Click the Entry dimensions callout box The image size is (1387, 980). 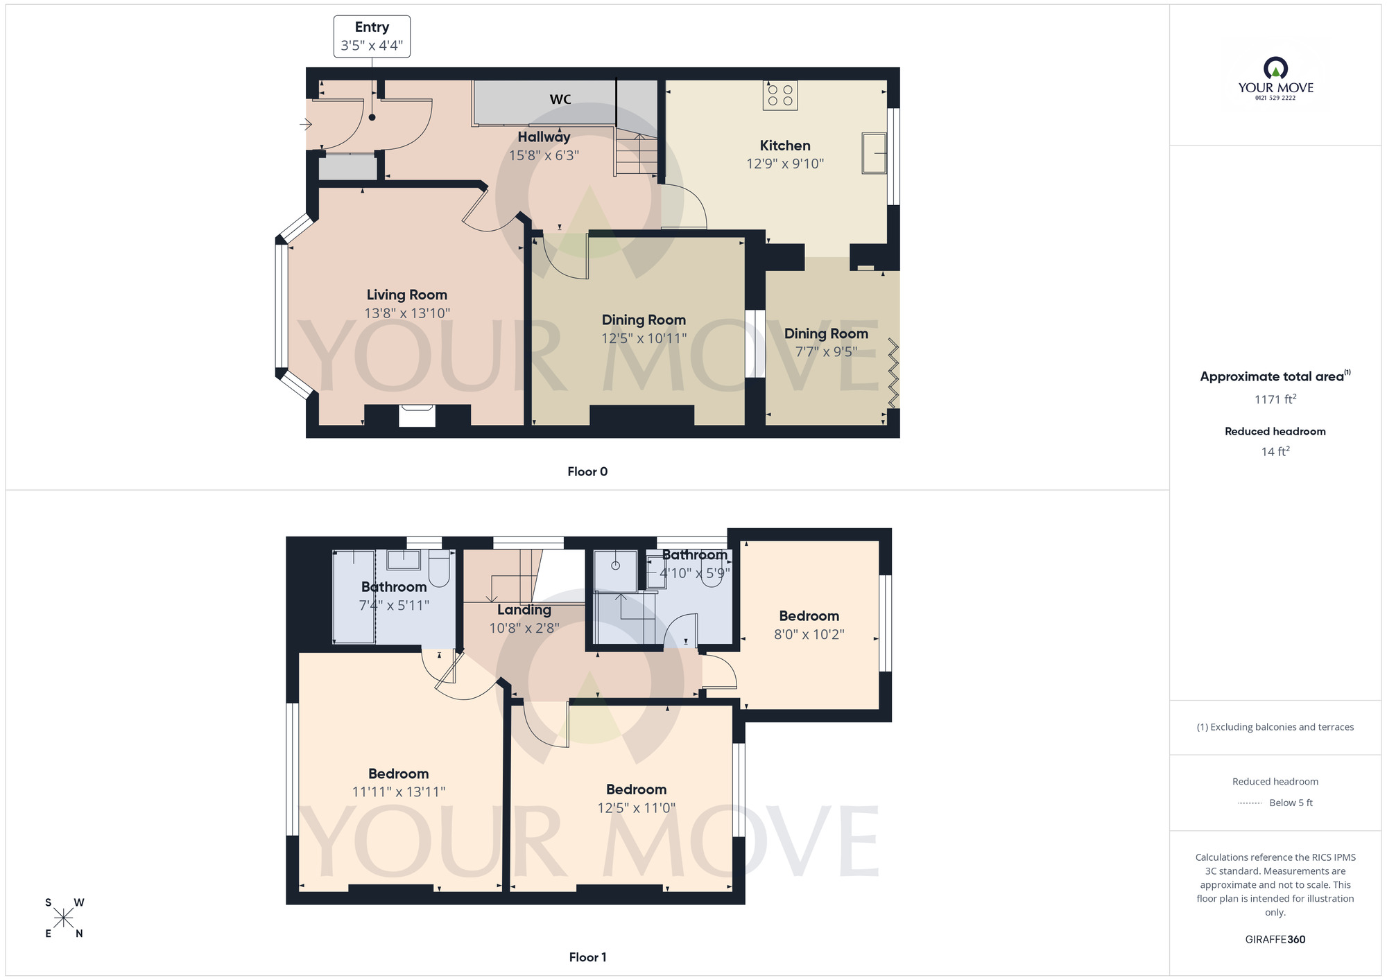(x=372, y=37)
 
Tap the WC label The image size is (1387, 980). (x=560, y=100)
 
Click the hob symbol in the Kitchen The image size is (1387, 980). (x=780, y=96)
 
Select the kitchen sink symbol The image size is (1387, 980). (x=875, y=152)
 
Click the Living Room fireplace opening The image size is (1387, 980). (x=417, y=416)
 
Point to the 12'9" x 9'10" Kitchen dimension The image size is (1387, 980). (x=785, y=164)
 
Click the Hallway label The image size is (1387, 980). (x=544, y=137)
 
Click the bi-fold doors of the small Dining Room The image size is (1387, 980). (x=893, y=373)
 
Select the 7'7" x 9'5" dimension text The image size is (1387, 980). (x=826, y=352)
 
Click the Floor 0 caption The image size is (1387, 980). (x=587, y=472)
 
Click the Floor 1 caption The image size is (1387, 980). (x=587, y=957)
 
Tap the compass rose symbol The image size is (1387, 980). (x=63, y=918)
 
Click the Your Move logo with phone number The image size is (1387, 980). (x=1275, y=80)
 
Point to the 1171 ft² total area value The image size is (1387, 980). (x=1275, y=400)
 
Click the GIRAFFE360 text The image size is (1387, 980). (x=1275, y=940)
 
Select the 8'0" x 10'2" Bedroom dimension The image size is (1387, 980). (x=809, y=635)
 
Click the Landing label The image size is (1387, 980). (x=524, y=611)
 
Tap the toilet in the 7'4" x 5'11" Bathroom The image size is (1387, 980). (x=439, y=570)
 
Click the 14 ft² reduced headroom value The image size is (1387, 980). (x=1275, y=452)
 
